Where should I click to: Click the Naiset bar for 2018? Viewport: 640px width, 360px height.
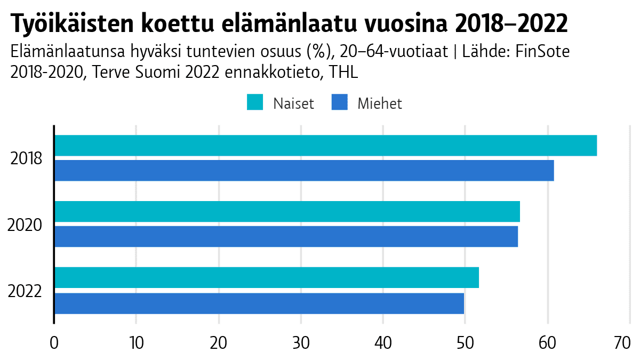325,146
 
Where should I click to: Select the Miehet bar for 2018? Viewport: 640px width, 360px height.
304,171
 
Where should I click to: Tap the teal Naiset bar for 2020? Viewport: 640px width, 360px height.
287,212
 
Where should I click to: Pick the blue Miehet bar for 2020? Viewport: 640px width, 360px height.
286,236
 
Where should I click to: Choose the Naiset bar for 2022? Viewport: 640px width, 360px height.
267,277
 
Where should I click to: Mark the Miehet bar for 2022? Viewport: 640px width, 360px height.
259,303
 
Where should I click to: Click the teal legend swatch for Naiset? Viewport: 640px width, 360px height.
255,102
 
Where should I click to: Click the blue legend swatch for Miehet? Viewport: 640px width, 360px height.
339,102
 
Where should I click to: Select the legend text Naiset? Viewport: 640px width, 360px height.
293,103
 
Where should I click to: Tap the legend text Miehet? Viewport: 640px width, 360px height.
380,103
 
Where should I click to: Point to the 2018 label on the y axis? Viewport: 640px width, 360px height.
26,159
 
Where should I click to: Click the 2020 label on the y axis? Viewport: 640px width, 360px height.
25,225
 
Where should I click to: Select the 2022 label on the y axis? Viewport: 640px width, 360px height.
25,291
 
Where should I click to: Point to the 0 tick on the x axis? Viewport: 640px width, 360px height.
54,343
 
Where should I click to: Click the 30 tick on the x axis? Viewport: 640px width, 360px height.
301,343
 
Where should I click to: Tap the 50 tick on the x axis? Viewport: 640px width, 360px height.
465,343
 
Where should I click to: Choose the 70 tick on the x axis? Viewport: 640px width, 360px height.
622,343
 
